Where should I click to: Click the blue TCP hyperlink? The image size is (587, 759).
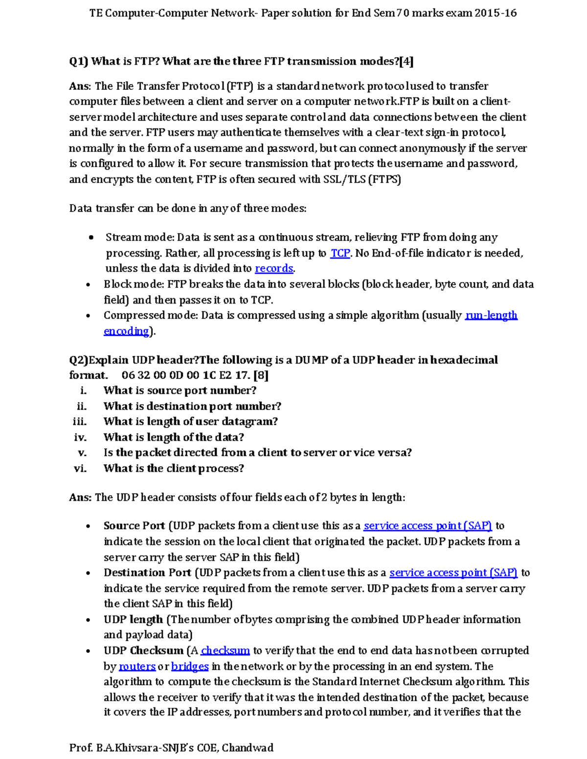340,253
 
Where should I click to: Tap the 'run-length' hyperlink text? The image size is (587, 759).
491,315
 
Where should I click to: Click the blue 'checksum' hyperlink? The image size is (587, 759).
226,651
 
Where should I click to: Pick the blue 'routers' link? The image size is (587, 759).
137,666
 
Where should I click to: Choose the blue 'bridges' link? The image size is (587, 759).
190,666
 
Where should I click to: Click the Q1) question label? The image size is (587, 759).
78,62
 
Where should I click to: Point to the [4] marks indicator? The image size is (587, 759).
406,62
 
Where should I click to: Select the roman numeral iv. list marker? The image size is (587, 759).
80,437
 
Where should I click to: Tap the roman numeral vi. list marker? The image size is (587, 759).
80,469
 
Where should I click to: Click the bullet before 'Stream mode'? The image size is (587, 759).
91,238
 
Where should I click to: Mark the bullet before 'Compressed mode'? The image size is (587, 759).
88,316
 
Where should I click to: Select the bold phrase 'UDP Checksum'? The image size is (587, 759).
143,651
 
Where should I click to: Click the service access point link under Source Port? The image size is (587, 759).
428,526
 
